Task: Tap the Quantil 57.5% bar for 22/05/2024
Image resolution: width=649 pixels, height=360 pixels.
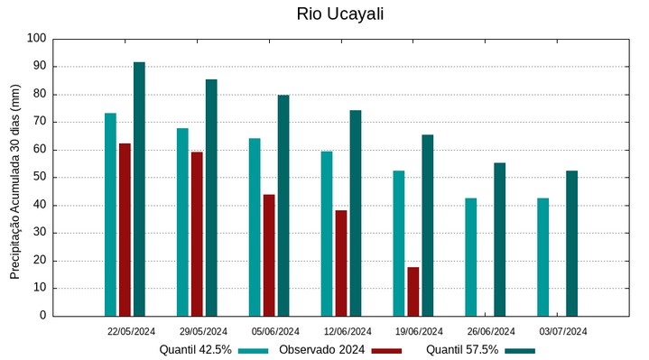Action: [x=139, y=189]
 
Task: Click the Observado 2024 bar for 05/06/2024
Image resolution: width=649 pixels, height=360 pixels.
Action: [x=269, y=255]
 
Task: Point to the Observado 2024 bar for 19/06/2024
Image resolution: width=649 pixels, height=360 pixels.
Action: [x=413, y=291]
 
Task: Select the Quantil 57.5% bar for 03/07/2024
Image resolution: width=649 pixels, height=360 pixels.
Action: [x=572, y=244]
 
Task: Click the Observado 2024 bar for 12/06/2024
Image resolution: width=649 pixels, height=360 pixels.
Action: [x=341, y=263]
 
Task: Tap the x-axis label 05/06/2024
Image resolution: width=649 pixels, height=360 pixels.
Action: [x=276, y=331]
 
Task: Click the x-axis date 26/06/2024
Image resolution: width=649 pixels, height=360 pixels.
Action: [x=491, y=331]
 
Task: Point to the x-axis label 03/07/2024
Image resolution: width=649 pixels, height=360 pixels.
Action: [x=563, y=331]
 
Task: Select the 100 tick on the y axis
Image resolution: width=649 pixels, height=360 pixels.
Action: [x=36, y=39]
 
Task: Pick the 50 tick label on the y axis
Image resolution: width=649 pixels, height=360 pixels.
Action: [x=39, y=178]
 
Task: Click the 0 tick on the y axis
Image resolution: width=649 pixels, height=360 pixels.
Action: [x=42, y=316]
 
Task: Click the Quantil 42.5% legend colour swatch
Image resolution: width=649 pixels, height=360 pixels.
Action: [x=255, y=350]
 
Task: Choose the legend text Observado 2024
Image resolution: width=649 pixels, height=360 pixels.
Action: [x=321, y=350]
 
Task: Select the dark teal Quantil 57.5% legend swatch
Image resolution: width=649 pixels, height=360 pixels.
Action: [x=520, y=350]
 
